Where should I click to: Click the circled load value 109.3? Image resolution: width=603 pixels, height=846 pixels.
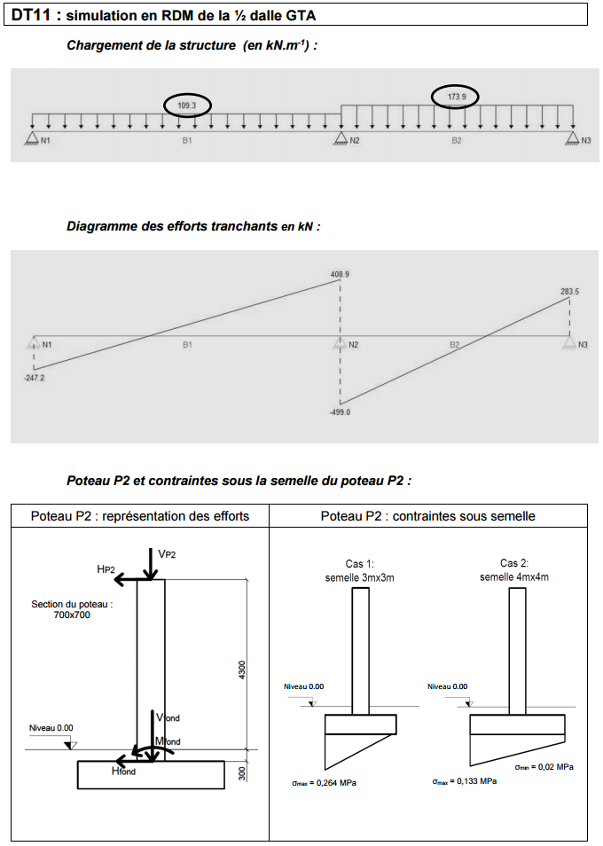(187, 106)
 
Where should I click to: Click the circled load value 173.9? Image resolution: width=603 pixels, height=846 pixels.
(456, 96)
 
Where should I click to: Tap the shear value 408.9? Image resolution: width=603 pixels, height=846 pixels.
(340, 275)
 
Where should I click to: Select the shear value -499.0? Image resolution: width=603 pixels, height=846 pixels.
(340, 412)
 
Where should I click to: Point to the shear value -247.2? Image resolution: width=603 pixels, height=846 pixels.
(34, 377)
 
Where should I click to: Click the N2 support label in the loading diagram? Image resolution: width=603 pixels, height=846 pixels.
(354, 140)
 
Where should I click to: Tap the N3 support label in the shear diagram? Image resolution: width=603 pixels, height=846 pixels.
(583, 344)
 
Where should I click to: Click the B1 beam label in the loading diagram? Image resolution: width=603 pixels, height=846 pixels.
(187, 140)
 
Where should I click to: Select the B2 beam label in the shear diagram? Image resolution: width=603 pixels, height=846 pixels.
(454, 344)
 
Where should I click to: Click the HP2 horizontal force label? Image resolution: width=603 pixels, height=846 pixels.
(106, 568)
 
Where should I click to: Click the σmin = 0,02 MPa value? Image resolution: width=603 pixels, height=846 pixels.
(544, 766)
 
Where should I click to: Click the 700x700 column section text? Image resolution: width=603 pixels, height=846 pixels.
(72, 615)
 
